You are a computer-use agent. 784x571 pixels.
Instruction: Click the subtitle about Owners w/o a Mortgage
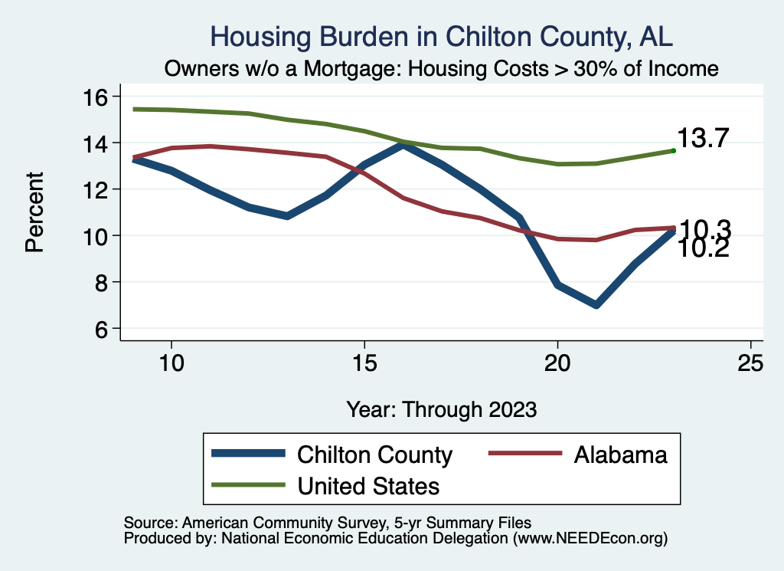[x=441, y=69]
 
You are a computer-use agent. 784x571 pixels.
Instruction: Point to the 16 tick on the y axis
[x=99, y=97]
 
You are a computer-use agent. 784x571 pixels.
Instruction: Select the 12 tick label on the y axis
[x=99, y=189]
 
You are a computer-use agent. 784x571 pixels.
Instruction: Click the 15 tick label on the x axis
[x=364, y=363]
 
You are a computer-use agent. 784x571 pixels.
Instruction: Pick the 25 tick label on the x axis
[x=750, y=363]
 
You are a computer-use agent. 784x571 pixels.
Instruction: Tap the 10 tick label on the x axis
[x=171, y=363]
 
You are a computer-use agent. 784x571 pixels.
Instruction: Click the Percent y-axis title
[x=34, y=213]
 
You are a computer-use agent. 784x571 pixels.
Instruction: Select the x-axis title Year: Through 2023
[x=441, y=409]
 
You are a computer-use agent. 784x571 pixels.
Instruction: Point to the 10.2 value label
[x=704, y=248]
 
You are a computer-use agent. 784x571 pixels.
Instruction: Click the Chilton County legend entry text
[x=374, y=455]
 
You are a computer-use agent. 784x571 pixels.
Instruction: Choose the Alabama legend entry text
[x=620, y=455]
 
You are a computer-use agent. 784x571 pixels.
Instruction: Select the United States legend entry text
[x=368, y=486]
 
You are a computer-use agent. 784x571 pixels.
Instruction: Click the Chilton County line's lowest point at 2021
[x=596, y=305]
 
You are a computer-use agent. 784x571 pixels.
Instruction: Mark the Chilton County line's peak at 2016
[x=403, y=143]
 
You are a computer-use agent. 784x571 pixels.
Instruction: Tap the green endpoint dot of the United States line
[x=673, y=151]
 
